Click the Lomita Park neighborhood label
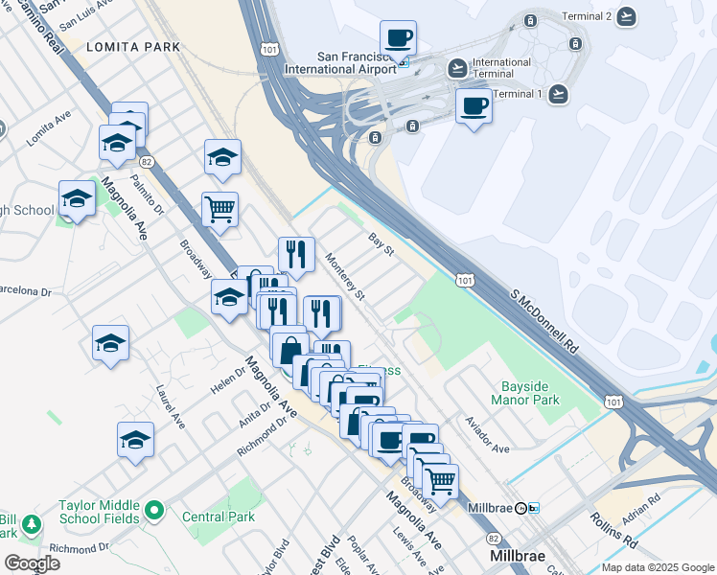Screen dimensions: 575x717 click(x=126, y=46)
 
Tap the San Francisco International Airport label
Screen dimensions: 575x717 click(x=340, y=62)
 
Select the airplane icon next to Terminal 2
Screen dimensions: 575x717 click(x=627, y=15)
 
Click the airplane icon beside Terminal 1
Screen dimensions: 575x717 click(x=558, y=93)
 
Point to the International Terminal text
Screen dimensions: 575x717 click(x=501, y=68)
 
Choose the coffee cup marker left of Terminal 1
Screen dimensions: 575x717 click(x=474, y=105)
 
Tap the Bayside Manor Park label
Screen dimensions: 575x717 click(x=530, y=393)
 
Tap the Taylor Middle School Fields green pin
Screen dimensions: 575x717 click(x=154, y=512)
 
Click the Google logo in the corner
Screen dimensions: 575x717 click(x=32, y=563)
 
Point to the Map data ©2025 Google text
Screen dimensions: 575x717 click(x=657, y=567)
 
